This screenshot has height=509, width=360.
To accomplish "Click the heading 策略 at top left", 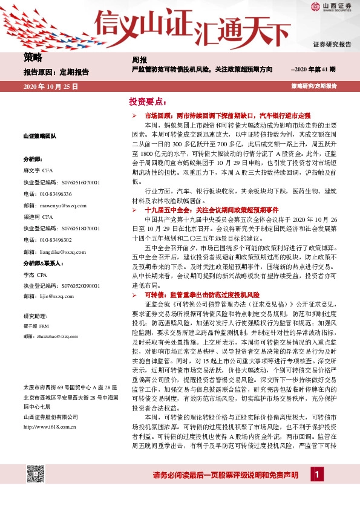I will pyautogui.click(x=33, y=58).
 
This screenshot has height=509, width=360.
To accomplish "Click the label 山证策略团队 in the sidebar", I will pyautogui.click(x=39, y=137).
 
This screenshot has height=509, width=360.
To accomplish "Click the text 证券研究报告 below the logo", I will pyautogui.click(x=332, y=45).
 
